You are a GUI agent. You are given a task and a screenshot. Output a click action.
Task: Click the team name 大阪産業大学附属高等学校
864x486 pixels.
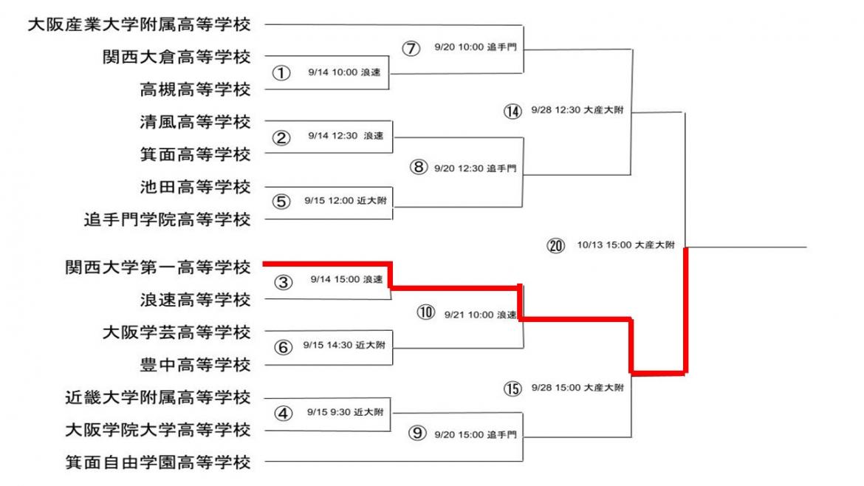(139, 25)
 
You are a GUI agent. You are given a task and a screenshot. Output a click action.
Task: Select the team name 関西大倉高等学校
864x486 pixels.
(176, 57)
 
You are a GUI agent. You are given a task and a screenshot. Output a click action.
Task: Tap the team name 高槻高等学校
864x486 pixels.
(195, 89)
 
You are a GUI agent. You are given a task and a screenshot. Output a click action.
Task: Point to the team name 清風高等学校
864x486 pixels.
(195, 121)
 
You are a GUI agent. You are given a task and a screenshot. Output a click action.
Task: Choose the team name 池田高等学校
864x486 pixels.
(195, 186)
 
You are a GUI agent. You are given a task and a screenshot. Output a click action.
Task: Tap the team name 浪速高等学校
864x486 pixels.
(195, 300)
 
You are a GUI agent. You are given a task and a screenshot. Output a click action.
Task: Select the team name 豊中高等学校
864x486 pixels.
(195, 364)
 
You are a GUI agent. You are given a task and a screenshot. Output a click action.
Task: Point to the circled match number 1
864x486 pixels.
(280, 72)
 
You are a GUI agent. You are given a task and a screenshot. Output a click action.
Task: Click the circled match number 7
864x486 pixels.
(411, 48)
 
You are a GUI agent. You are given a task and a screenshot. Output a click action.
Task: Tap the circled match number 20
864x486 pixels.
(555, 246)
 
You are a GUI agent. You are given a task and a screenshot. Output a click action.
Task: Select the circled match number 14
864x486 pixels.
(512, 112)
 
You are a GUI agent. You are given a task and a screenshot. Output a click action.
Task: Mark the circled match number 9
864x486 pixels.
(419, 434)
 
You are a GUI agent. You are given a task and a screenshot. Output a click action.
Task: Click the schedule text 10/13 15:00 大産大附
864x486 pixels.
(625, 246)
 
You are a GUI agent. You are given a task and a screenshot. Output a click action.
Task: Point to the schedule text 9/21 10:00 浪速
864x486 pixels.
(480, 314)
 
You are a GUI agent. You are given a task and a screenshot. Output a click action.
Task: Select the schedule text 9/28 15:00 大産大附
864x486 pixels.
(577, 388)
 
